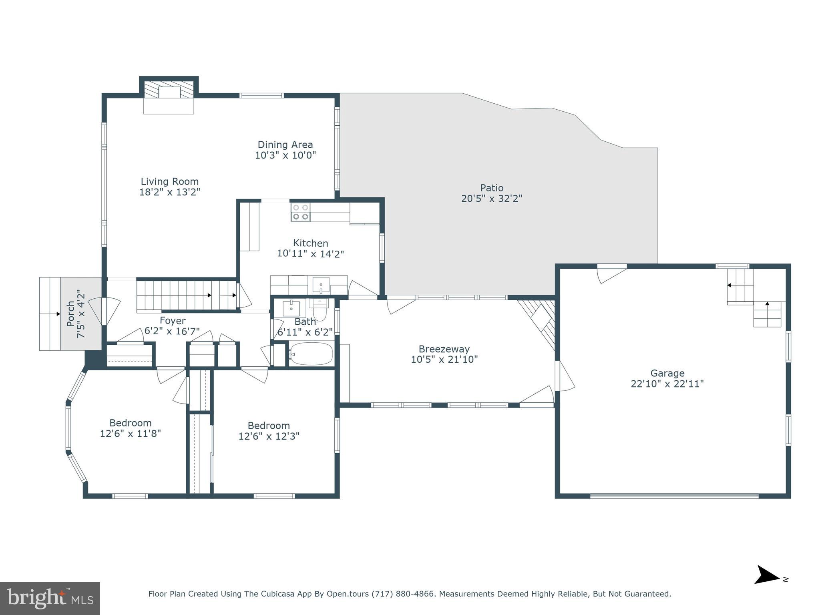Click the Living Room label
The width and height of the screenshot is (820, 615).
(x=169, y=181)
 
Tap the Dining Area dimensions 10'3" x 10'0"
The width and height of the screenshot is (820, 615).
(x=285, y=155)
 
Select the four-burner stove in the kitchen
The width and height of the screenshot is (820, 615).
(x=300, y=212)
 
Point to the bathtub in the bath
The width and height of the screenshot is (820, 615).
(x=311, y=354)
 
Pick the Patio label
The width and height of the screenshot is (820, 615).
(x=492, y=188)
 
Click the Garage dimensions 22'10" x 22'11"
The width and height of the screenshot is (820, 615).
(x=667, y=384)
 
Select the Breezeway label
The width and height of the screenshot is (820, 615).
(x=444, y=349)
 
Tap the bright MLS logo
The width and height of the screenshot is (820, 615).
(x=50, y=598)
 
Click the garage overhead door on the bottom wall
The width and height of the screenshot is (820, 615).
(x=674, y=496)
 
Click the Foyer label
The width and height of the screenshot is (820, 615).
(x=172, y=321)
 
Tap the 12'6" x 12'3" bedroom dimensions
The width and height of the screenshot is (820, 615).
(x=269, y=436)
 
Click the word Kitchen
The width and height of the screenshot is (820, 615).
(x=310, y=243)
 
